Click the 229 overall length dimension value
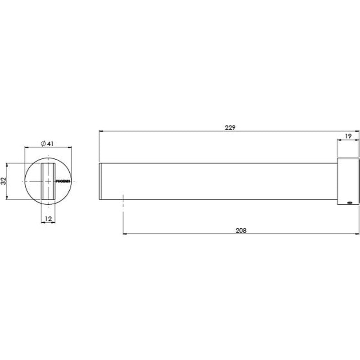230,127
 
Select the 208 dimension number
241,230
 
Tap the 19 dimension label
348,135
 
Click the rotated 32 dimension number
4,181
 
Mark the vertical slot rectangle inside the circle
48,181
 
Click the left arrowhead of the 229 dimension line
100,131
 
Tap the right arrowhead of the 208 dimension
358,234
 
